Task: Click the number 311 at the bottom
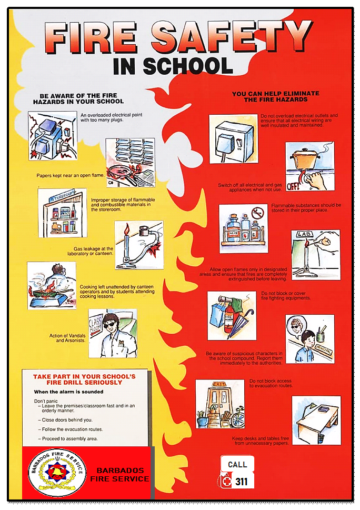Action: click(x=241, y=482)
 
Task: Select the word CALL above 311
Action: click(x=237, y=465)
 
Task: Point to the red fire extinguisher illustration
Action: click(x=229, y=323)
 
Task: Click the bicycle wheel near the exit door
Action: click(x=237, y=419)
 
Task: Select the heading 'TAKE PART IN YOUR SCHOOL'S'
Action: click(x=84, y=377)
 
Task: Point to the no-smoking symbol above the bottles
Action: click(x=257, y=214)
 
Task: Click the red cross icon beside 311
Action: click(x=227, y=482)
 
